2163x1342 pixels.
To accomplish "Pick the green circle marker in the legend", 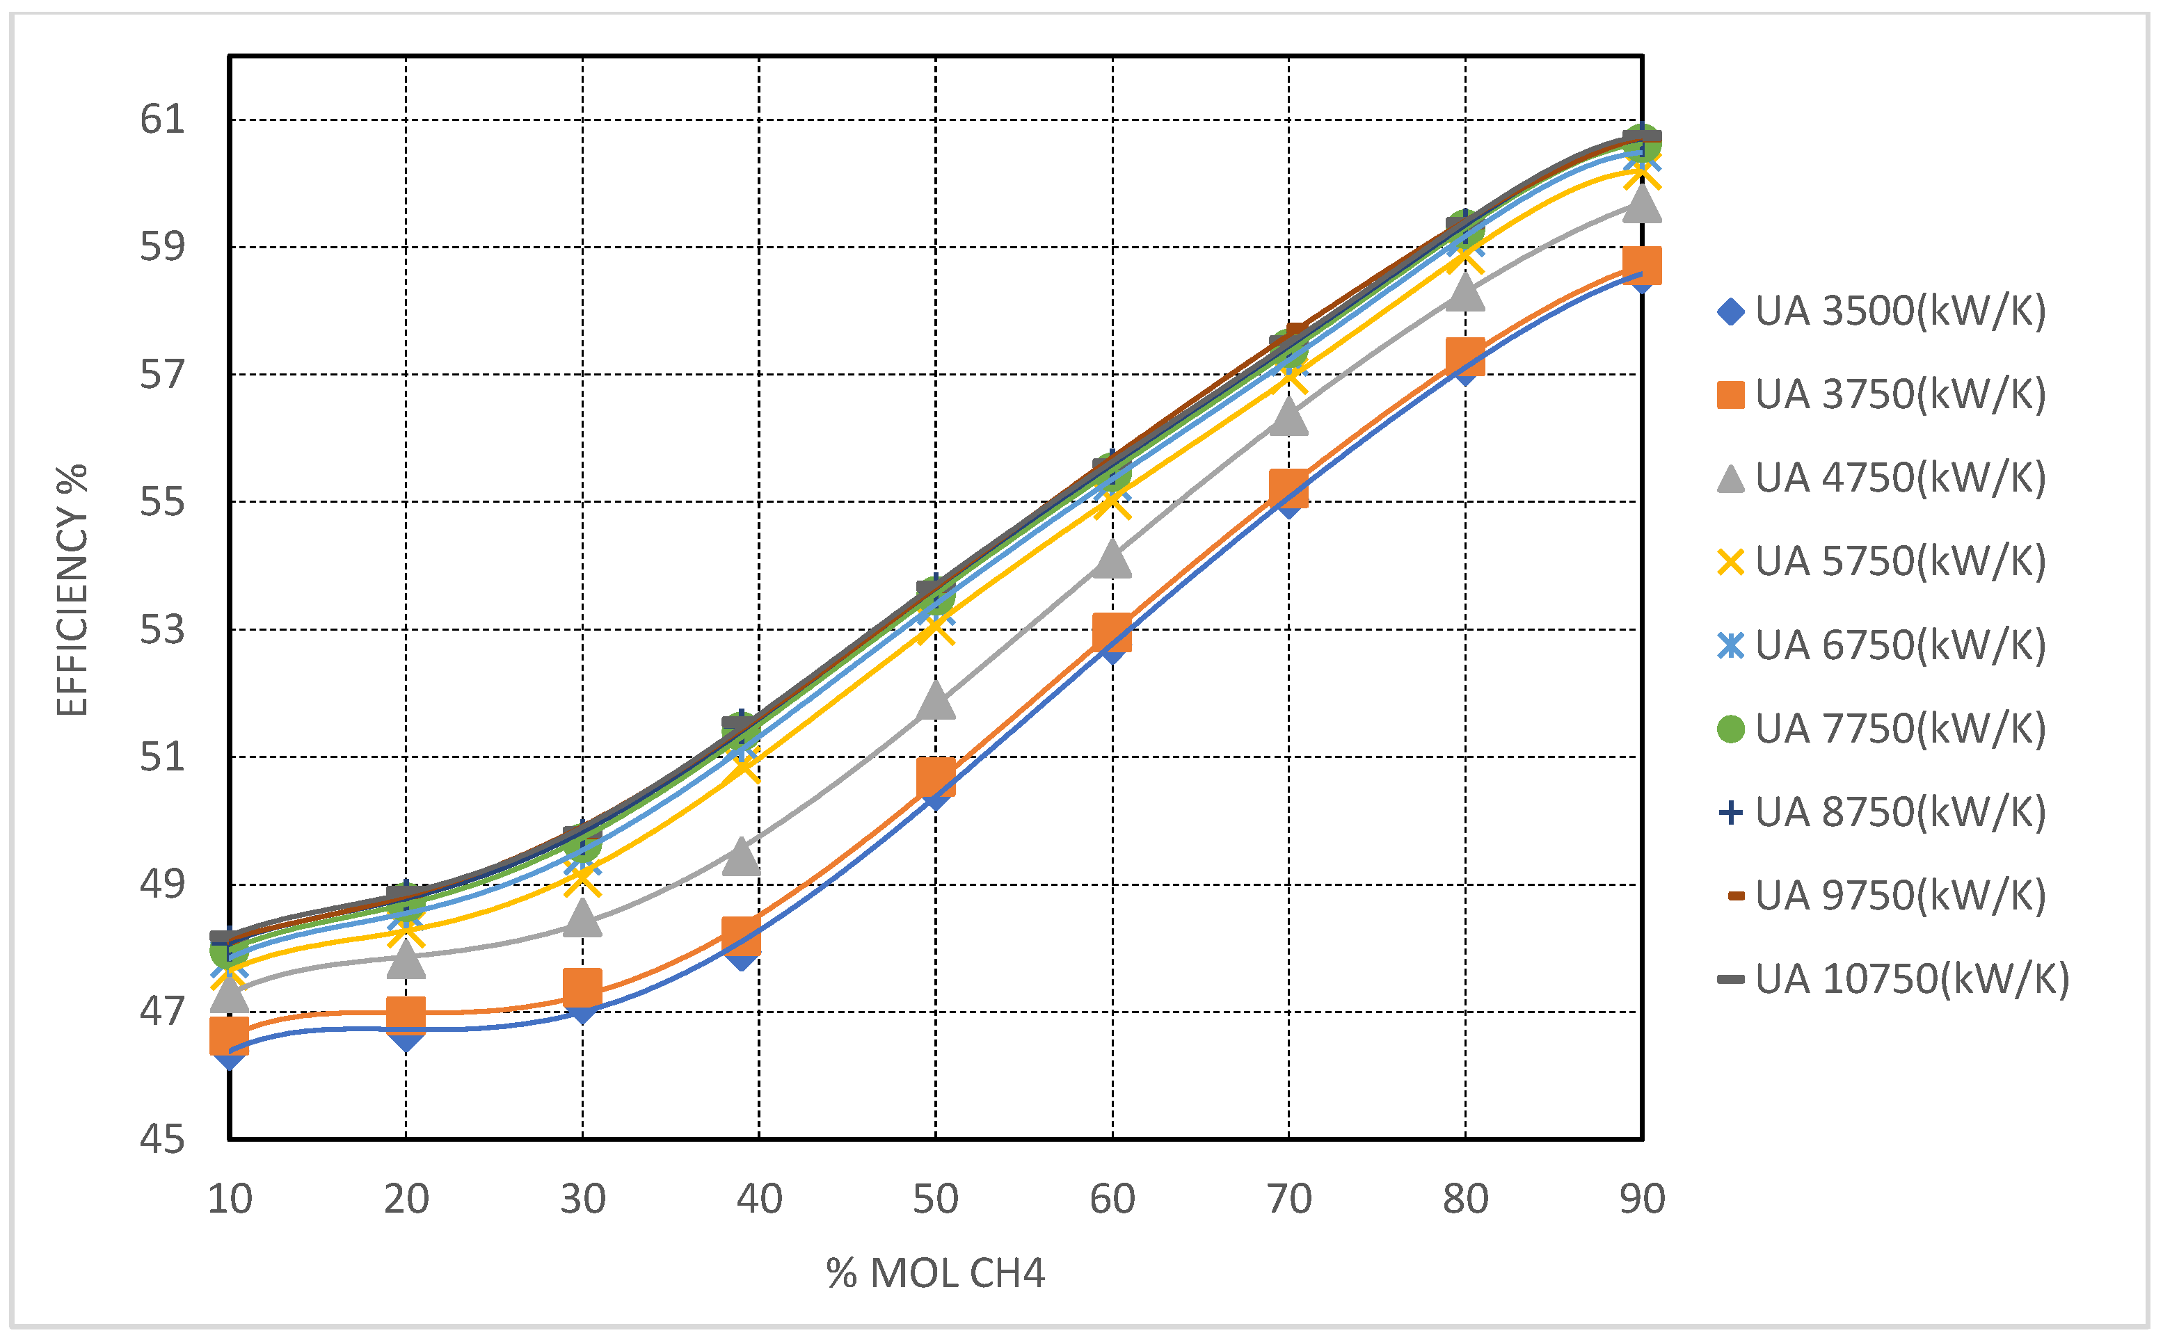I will [x=1730, y=729].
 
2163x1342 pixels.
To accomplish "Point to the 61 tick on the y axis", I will [x=163, y=120].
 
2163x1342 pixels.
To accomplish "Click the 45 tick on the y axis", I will [x=163, y=1140].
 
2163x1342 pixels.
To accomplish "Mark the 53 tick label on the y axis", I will [x=163, y=630].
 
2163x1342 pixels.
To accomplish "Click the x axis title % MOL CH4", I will [x=935, y=1275].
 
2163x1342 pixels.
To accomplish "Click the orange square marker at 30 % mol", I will [x=582, y=987].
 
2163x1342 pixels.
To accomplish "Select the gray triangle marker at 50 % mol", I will [x=935, y=700].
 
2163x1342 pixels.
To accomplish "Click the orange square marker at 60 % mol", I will [x=1112, y=632].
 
